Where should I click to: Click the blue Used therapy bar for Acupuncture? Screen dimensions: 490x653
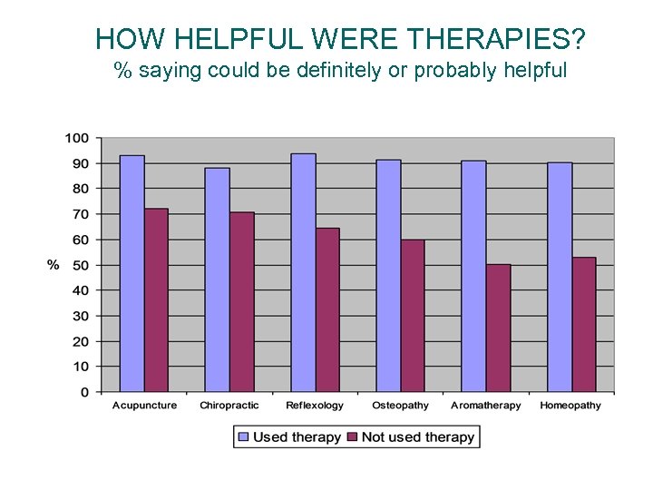pyautogui.click(x=132, y=273)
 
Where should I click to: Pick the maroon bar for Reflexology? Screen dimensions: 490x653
pyautogui.click(x=326, y=309)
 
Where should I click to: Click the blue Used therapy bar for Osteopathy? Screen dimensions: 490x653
pyautogui.click(x=388, y=276)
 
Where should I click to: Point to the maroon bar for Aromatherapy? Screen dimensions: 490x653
pyautogui.click(x=498, y=328)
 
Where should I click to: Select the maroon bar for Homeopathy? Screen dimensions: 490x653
pyautogui.click(x=583, y=324)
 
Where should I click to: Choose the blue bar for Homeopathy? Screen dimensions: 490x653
pyautogui.click(x=560, y=277)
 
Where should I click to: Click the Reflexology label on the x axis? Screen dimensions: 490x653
pyautogui.click(x=315, y=406)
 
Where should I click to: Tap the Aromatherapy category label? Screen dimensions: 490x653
pyautogui.click(x=486, y=406)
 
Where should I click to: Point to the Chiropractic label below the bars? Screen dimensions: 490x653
pyautogui.click(x=229, y=406)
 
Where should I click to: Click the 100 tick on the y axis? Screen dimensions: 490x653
pyautogui.click(x=76, y=138)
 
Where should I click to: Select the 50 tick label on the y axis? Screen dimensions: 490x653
pyautogui.click(x=81, y=265)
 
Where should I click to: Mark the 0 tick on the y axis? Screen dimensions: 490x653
pyautogui.click(x=84, y=392)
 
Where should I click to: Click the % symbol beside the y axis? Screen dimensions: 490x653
pyautogui.click(x=54, y=265)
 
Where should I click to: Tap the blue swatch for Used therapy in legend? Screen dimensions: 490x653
pyautogui.click(x=243, y=437)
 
